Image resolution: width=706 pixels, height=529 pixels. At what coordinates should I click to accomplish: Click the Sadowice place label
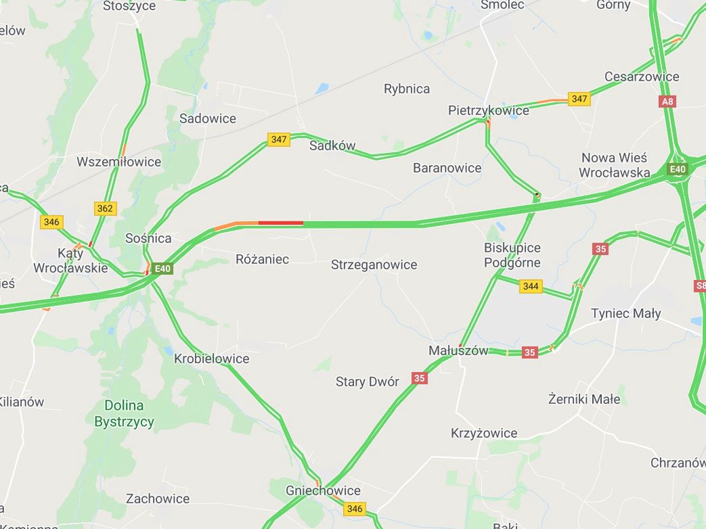pos(208,118)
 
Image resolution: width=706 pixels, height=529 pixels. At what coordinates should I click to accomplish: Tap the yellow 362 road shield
pos(105,208)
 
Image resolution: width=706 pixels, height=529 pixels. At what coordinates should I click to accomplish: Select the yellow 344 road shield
pos(531,286)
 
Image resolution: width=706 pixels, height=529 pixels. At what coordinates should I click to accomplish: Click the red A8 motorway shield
pos(667,101)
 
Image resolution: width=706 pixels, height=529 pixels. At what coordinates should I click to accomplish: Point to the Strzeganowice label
pos(374,264)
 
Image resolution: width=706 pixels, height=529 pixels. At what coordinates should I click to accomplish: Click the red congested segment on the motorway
pos(280,223)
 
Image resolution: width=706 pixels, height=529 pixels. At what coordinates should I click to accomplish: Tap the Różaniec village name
pos(262,259)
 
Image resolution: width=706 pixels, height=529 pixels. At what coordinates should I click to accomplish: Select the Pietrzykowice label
pos(488,110)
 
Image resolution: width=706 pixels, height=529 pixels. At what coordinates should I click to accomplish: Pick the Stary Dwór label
pos(367,382)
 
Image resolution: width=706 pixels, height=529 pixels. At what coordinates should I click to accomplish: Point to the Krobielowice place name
pos(211,359)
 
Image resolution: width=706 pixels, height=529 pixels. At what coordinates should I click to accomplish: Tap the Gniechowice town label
pos(323,490)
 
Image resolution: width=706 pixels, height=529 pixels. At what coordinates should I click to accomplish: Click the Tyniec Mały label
pos(625,313)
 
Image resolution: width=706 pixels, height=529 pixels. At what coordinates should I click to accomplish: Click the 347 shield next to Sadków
pos(279,139)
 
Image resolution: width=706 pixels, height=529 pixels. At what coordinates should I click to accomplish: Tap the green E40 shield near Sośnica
pos(162,269)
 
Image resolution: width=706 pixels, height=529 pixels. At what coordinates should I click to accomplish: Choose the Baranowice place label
pos(447,168)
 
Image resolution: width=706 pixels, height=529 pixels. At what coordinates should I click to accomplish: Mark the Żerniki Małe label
pos(583,399)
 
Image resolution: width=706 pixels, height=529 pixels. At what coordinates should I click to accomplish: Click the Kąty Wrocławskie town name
pos(70,260)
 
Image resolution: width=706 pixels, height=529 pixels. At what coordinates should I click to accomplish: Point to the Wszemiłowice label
pos(119,162)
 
